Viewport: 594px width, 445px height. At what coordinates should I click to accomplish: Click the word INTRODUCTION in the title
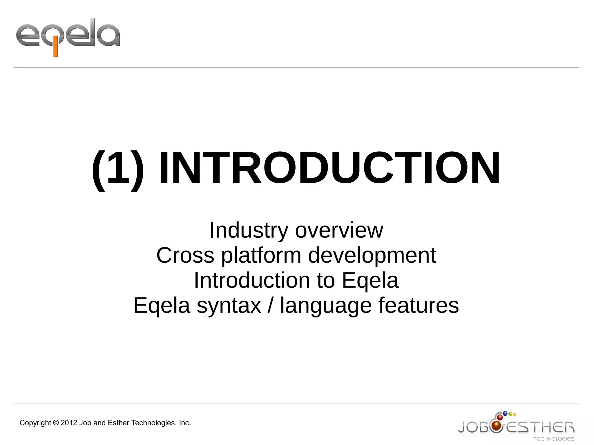(x=329, y=168)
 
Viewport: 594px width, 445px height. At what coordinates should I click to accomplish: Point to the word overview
(x=339, y=230)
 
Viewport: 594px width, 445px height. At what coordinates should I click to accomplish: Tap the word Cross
(x=185, y=255)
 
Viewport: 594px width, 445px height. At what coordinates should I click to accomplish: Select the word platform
(x=261, y=255)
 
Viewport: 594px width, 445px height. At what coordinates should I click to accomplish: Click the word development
(x=372, y=255)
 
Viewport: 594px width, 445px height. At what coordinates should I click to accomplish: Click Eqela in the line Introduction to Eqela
(x=370, y=280)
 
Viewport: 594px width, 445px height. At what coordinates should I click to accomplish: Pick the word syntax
(x=229, y=306)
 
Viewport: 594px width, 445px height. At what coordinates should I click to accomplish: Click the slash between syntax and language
(x=270, y=306)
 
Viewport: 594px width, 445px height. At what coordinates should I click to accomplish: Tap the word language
(x=326, y=306)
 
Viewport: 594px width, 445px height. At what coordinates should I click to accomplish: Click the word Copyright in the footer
(x=35, y=423)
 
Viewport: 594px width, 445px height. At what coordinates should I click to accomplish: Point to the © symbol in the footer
(x=56, y=423)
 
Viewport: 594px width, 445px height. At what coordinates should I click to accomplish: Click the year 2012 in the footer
(x=69, y=423)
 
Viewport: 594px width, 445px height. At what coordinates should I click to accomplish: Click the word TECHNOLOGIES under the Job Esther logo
(x=554, y=439)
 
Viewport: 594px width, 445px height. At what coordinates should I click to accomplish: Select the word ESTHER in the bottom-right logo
(x=541, y=427)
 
